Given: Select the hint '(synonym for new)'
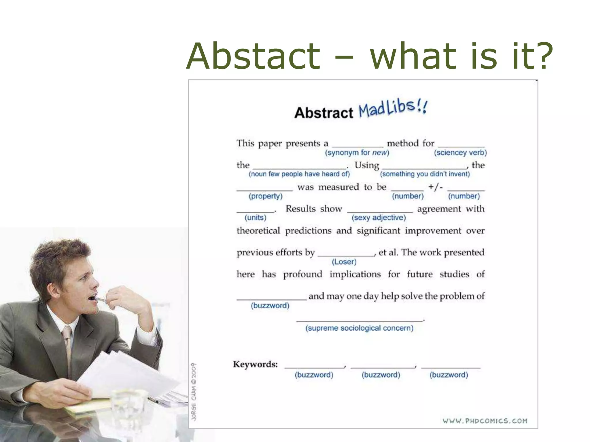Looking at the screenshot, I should (357, 153).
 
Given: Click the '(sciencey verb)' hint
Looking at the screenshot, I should (460, 153).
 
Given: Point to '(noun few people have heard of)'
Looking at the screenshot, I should (299, 174).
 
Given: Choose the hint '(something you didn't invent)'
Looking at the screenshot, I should (425, 174).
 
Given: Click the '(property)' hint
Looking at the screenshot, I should (266, 196).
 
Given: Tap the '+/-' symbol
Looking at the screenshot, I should (435, 187).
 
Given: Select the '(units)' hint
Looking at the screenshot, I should (256, 218).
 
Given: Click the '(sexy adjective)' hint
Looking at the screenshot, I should (379, 218).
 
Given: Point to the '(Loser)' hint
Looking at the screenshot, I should (344, 262).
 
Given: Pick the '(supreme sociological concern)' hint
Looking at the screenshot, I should (359, 328).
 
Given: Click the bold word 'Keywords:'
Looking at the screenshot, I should (255, 364).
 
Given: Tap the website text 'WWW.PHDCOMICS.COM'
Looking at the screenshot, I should (485, 421).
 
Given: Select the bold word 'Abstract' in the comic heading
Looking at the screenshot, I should (324, 113).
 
